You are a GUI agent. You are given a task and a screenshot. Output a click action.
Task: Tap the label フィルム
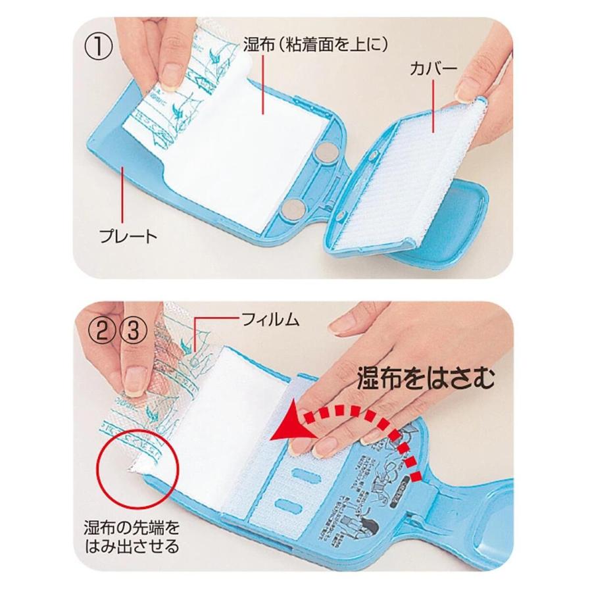[271, 320]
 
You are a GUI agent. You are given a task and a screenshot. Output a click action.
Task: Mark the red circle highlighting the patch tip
[136, 464]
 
